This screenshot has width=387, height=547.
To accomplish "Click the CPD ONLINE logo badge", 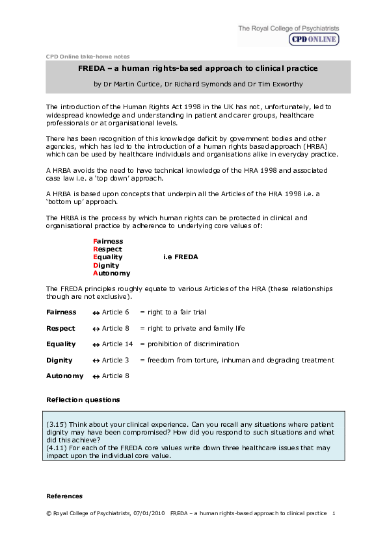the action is point(314,39).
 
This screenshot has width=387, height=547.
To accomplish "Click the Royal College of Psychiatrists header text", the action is point(288,29).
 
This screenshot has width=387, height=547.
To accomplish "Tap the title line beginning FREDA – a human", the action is point(198,68).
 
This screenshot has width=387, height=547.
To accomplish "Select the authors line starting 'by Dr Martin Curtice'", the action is point(198,84).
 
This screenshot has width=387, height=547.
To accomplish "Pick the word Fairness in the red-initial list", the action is point(108,241).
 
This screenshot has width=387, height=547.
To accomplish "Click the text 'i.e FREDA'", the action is point(180,257).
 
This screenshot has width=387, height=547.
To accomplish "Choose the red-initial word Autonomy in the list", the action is point(111,273).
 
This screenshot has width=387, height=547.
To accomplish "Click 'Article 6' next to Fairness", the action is point(116,312).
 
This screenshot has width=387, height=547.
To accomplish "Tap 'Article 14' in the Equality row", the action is point(117,344).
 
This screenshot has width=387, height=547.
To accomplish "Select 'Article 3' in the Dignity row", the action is point(116,360).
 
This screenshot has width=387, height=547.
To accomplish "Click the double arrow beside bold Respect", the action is point(96,329).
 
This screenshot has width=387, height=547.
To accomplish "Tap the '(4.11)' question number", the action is point(57,448).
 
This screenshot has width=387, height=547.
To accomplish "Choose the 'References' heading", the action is point(64,496).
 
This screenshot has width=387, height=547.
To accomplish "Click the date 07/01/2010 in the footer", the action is point(150,513).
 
